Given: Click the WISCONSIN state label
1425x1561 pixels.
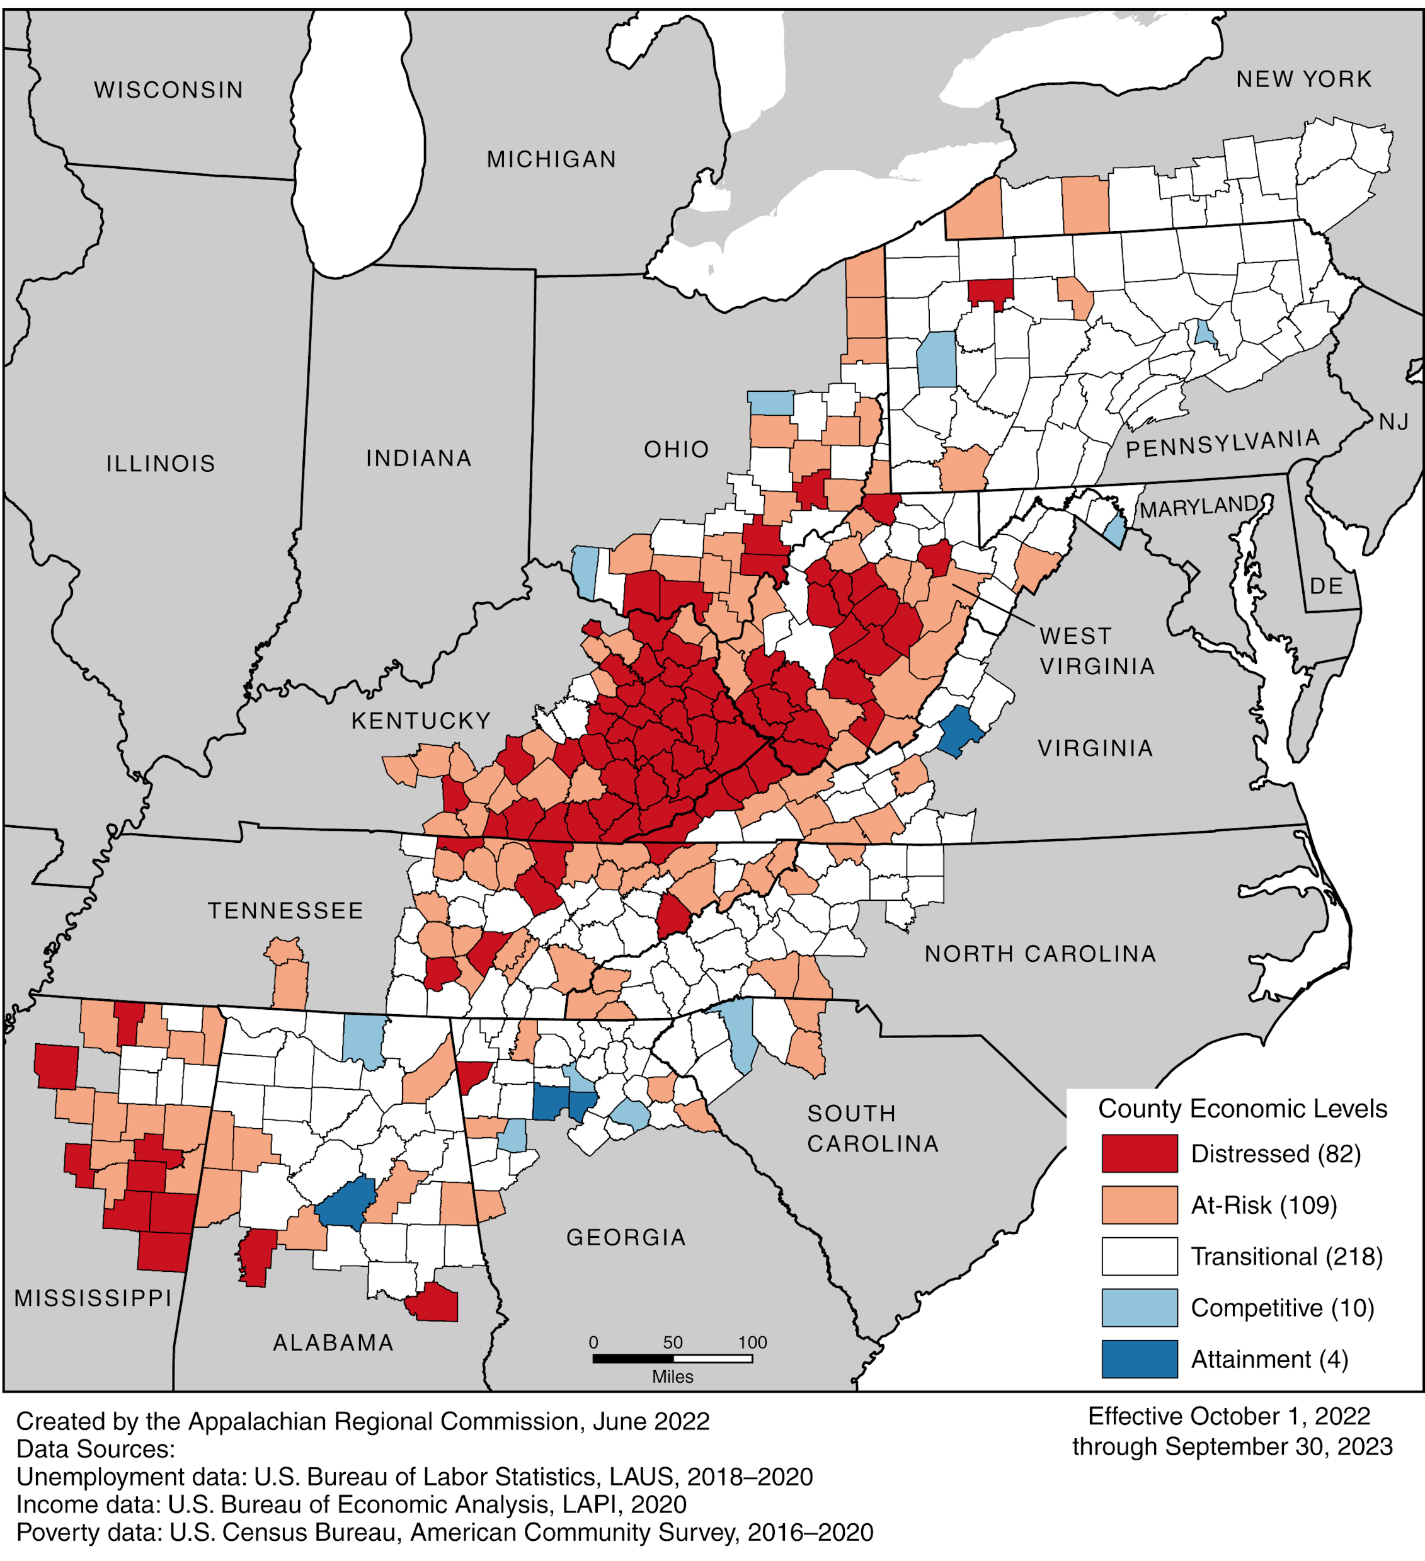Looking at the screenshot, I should [169, 91].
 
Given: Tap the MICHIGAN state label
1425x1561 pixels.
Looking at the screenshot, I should [551, 159].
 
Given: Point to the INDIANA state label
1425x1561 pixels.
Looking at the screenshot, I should [419, 459].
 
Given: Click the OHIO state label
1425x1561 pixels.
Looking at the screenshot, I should [676, 449].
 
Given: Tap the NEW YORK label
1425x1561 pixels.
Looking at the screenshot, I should [1303, 79].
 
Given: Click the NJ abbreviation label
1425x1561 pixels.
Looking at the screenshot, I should [1394, 422].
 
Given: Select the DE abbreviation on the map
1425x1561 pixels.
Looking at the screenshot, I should [1326, 586].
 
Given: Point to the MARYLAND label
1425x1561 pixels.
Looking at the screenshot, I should [1199, 507].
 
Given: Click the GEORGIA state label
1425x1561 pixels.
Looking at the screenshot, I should [626, 1237].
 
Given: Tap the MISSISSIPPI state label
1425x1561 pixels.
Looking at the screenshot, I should [93, 1298].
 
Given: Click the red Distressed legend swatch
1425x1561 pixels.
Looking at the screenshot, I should [1139, 1153].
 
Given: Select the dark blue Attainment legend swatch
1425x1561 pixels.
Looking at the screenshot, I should [1139, 1359].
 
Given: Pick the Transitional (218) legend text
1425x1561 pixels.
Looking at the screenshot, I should [1286, 1256].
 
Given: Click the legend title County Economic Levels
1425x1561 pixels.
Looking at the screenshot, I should [1242, 1109].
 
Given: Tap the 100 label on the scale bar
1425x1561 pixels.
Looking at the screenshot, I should [752, 1342].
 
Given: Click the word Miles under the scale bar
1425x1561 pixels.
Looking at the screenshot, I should [672, 1376].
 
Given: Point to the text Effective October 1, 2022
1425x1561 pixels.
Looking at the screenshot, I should [1229, 1416].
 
